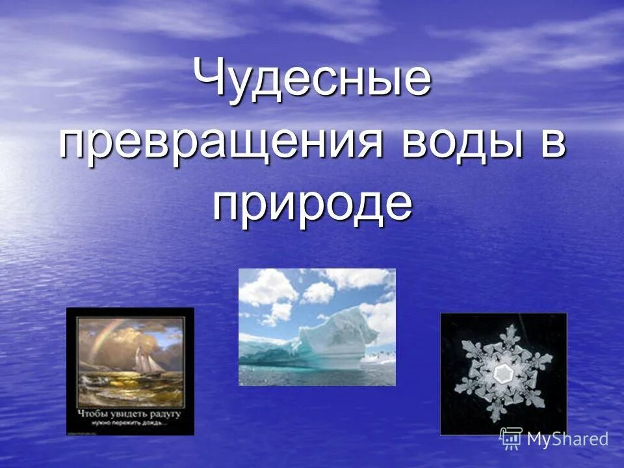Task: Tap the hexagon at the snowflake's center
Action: click(x=502, y=373)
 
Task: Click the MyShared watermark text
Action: click(x=567, y=439)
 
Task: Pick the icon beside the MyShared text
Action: click(x=511, y=439)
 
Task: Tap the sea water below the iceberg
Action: click(x=312, y=376)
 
